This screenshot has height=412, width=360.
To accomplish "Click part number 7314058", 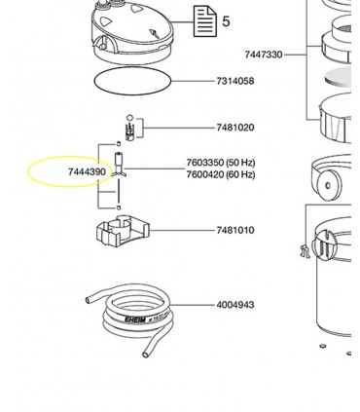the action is click(235, 81).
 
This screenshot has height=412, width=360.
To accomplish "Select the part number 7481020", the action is click(235, 128).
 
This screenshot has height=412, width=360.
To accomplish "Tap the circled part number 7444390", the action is click(87, 171).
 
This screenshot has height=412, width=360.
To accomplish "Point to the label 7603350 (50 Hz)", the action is click(221, 162).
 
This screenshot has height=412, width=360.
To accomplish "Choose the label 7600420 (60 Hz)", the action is click(221, 174).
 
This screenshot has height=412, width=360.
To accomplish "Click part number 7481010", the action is click(235, 230).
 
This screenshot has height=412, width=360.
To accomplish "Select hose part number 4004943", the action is click(235, 305).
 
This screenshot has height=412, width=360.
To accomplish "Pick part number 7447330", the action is click(264, 55).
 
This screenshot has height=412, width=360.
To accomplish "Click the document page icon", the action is click(205, 21).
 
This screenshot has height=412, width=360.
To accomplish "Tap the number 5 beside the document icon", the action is click(226, 21).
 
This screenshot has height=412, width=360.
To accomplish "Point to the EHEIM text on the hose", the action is click(135, 319).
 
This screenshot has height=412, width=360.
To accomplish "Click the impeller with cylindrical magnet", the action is click(119, 165).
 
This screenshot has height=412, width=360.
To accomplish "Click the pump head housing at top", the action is click(132, 31).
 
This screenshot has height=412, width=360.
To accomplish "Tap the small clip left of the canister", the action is click(306, 251).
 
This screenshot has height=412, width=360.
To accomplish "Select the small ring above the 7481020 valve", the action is click(129, 118).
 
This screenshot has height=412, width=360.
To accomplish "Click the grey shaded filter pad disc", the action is click(339, 77).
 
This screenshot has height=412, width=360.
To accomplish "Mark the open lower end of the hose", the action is click(145, 355).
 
